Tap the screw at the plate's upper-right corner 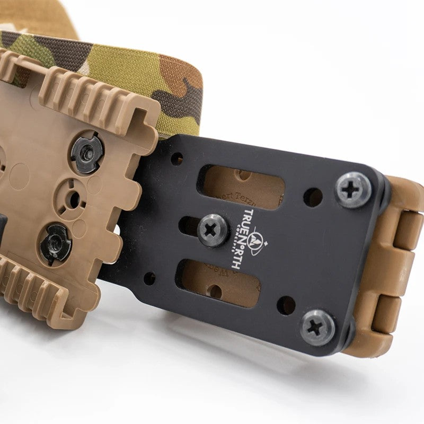click(x=354, y=190)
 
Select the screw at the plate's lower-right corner click(x=317, y=327)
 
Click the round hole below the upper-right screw click(x=313, y=197)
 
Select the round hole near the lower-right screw click(x=286, y=305)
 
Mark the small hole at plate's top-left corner click(x=177, y=158)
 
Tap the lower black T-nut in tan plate click(x=56, y=244)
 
